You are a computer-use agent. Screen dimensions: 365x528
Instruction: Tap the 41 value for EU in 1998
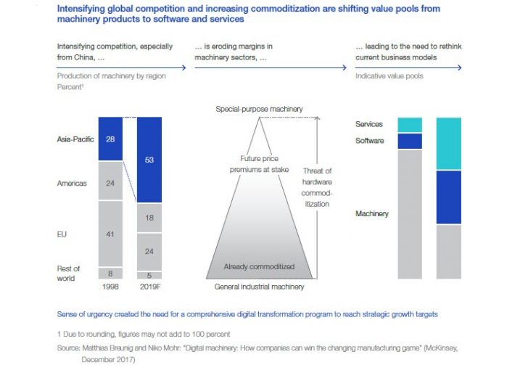click(110, 234)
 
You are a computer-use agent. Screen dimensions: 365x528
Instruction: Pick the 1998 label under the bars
click(110, 287)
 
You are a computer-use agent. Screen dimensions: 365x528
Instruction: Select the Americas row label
click(73, 184)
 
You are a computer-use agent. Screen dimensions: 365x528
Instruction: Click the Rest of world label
click(69, 274)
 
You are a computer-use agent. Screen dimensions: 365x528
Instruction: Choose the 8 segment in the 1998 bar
click(110, 274)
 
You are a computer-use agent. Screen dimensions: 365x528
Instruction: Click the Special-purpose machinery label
click(259, 109)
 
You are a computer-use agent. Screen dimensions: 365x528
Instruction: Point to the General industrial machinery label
click(258, 287)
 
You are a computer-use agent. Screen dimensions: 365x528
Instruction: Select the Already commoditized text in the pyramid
click(259, 266)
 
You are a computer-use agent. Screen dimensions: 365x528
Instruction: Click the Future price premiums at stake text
click(260, 163)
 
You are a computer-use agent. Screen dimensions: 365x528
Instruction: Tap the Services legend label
click(368, 125)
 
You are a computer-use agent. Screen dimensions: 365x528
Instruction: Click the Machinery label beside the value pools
click(371, 214)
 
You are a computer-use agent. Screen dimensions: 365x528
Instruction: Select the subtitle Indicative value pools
click(389, 75)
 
